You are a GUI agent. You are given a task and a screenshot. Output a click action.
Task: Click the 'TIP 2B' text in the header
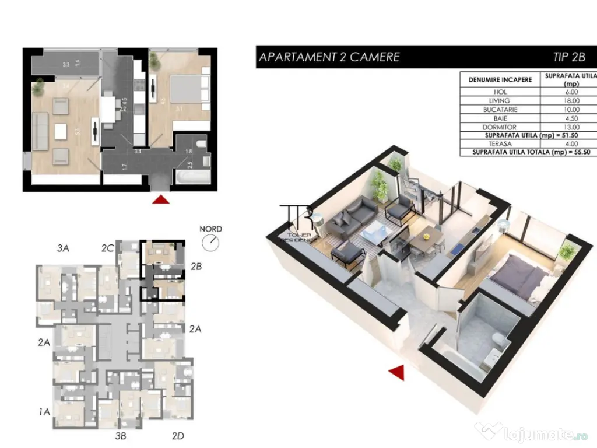pos(568,57)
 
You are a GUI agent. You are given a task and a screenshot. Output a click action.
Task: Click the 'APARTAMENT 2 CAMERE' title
pos(329,57)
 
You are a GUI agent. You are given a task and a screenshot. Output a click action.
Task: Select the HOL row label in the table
pos(500,92)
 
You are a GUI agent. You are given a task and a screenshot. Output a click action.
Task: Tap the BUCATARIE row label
pos(500,110)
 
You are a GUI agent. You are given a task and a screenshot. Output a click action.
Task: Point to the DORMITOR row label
pos(500,127)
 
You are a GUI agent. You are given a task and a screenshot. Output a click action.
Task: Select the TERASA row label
pos(500,143)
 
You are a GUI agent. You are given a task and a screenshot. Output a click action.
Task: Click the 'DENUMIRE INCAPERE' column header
pos(500,79)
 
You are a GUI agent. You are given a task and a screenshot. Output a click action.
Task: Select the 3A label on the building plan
pos(64,249)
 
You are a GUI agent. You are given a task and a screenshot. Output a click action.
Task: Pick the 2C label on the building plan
pos(107,249)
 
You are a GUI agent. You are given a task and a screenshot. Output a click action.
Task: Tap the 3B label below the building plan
pos(121,435)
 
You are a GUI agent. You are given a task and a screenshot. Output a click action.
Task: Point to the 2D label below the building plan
pos(178,435)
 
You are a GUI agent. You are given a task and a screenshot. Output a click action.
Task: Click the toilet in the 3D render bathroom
pos(496,342)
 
